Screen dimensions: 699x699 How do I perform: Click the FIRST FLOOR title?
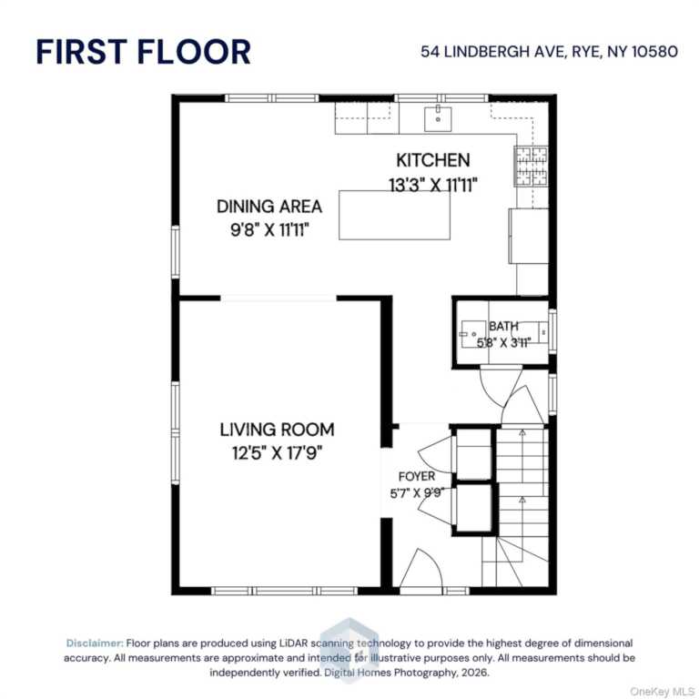143,52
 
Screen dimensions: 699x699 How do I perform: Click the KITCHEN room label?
433,160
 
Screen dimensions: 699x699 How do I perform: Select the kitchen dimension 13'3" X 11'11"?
433,185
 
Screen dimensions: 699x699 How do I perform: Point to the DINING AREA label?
269,207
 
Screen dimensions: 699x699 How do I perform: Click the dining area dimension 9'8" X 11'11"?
269,230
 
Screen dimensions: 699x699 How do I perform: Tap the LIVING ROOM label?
277,430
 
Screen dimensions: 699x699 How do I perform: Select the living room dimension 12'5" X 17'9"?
277,453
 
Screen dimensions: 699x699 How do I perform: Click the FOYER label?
417,477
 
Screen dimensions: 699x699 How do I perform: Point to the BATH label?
503,327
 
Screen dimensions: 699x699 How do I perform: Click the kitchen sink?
438,118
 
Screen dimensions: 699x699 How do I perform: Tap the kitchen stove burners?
532,166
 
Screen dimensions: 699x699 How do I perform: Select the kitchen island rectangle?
394,215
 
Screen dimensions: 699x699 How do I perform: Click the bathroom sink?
470,334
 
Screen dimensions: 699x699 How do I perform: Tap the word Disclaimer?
95,643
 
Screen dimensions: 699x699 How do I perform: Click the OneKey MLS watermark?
662,692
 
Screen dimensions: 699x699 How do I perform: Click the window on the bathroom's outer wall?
552,331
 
